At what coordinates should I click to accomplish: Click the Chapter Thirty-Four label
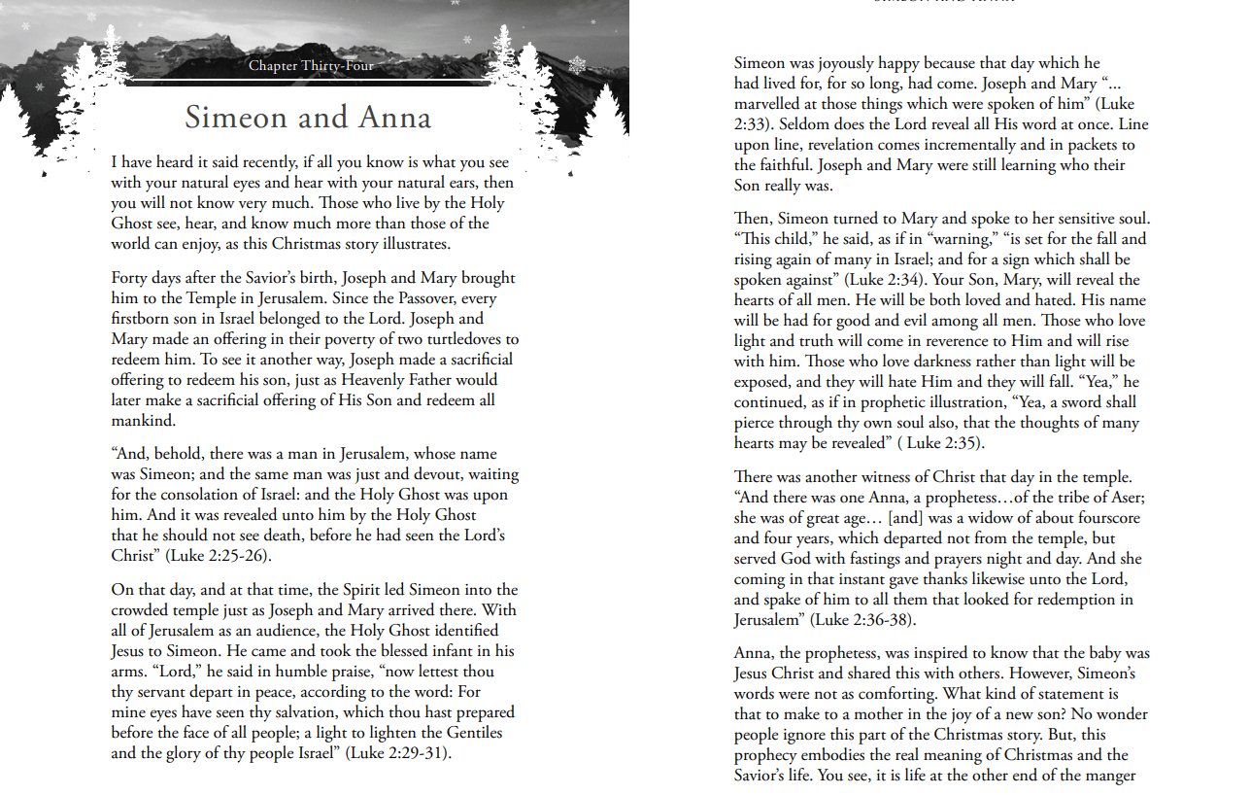pos(311,66)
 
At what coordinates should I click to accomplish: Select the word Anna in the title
pos(394,118)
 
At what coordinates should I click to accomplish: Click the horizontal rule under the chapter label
pos(311,83)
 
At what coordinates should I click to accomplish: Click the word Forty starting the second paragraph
pos(130,278)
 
